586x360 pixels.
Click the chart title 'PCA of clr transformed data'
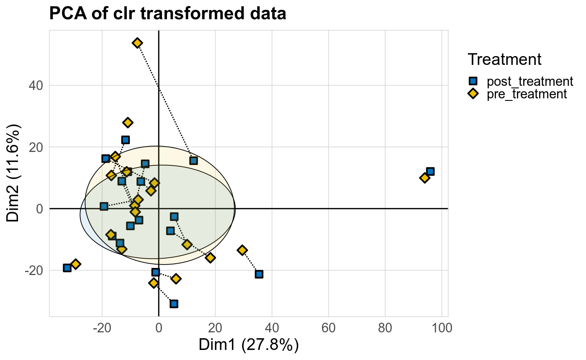point(167,14)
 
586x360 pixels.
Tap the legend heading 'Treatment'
point(505,59)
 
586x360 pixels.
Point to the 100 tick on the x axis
point(442,327)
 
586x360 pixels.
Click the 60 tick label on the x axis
point(329,327)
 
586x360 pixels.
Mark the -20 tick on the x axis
point(102,327)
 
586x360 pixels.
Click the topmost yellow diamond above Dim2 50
point(137,43)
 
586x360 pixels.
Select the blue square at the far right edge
point(430,171)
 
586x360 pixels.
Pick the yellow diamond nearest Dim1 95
point(424,178)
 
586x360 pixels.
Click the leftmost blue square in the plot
point(67,267)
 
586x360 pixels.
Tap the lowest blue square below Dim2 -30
point(174,303)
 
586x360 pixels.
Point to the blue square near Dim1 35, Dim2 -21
point(259,274)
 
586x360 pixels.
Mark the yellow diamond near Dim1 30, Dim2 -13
point(242,250)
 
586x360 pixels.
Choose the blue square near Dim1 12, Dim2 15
point(193,160)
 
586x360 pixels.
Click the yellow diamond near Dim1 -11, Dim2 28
point(128,123)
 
